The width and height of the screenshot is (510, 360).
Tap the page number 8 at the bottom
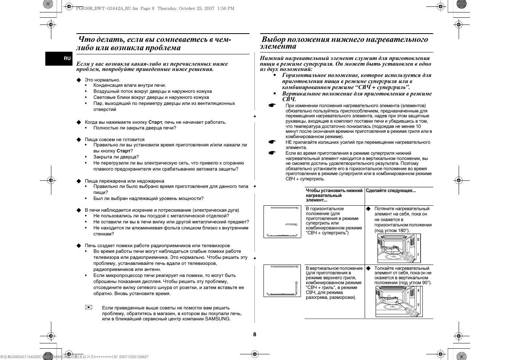pos(254,334)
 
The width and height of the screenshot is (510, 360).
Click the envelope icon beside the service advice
pos(89,308)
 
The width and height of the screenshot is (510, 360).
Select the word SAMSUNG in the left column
pos(217,319)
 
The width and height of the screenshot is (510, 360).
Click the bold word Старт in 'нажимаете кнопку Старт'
pos(155,122)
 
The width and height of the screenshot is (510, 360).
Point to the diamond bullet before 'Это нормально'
pos(79,80)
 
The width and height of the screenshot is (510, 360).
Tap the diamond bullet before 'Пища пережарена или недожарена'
pos(79,181)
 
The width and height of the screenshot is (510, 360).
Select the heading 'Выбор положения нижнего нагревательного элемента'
pos(345,43)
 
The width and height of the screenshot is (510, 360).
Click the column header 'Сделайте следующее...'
pos(391,191)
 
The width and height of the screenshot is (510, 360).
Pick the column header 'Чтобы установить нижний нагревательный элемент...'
pos(334,195)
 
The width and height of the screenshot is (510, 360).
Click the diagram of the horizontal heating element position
pos(282,222)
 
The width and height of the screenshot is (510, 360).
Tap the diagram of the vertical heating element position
pos(282,280)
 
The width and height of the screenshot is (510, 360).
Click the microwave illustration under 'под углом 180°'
pos(399,248)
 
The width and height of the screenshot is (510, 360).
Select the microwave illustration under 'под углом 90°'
pos(399,302)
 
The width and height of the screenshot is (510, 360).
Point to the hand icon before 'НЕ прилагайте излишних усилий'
pos(272,142)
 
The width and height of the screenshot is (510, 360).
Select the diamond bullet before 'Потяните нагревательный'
pos(368,209)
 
